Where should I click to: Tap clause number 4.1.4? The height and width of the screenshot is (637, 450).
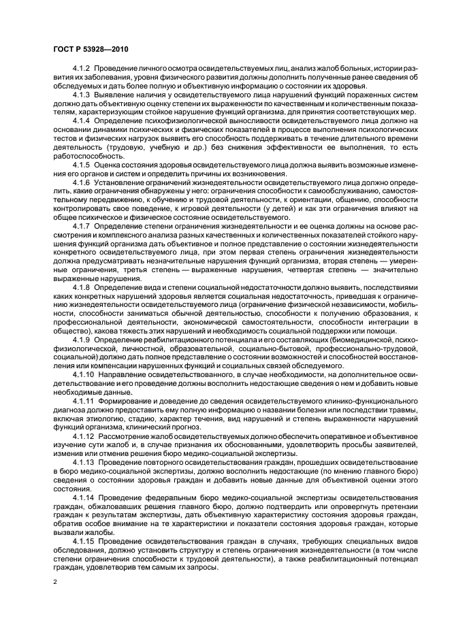click(x=81, y=120)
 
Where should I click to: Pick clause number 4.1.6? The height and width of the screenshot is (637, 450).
click(x=81, y=186)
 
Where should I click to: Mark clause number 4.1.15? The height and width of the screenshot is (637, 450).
click(x=83, y=543)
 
